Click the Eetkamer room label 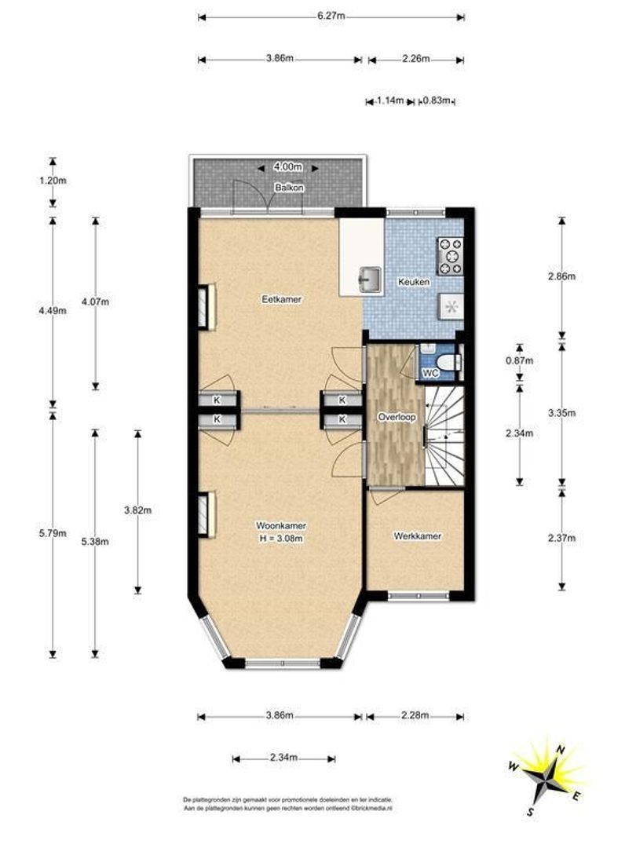coord(281,299)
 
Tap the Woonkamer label coord(281,525)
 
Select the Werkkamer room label coord(418,536)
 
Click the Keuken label coord(414,282)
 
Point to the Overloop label coord(397,418)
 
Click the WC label coord(430,373)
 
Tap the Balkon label coord(289,188)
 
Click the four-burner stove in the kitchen coord(450,256)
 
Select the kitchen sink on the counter coord(369,278)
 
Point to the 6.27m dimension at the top coord(331,16)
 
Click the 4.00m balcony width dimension coord(288,167)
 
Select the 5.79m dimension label coord(53,534)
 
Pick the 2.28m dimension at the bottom coord(415,715)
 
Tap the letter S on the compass coord(531,811)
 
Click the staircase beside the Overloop coord(444,435)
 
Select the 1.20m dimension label coord(53,181)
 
